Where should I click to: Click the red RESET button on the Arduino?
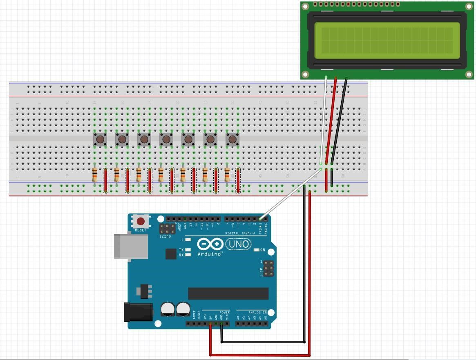click(141, 221)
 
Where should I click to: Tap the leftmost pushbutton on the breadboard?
click(100, 140)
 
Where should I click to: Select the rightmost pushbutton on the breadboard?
click(232, 140)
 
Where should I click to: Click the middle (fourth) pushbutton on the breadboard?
click(166, 140)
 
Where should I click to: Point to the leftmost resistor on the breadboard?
click(95, 175)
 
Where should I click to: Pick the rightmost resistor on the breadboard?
click(227, 175)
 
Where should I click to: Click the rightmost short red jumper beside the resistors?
click(238, 180)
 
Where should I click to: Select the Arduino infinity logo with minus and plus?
click(210, 244)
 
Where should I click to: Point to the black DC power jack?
click(138, 312)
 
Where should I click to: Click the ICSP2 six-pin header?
click(168, 228)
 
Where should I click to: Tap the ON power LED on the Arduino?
click(257, 250)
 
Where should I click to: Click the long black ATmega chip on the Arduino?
click(228, 293)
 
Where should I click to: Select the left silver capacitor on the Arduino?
click(168, 309)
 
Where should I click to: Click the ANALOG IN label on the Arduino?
click(257, 313)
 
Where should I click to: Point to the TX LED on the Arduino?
click(188, 250)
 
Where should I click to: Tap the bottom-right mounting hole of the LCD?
click(469, 74)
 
